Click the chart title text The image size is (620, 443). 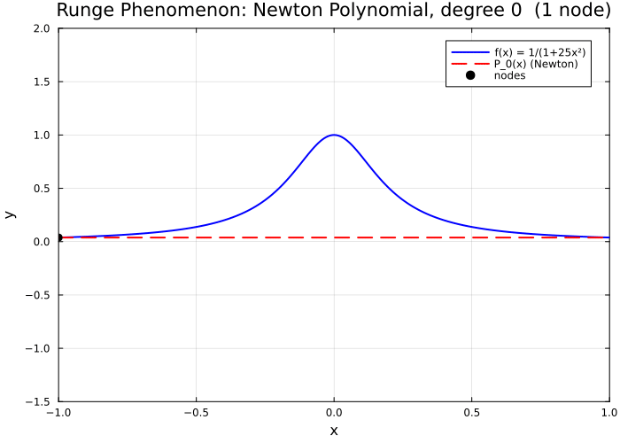click(x=333, y=11)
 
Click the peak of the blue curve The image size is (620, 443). click(x=334, y=135)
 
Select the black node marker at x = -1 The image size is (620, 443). click(x=58, y=237)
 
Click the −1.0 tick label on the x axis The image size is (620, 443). click(x=58, y=413)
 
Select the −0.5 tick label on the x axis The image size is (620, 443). click(x=196, y=413)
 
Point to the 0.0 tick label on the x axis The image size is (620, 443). click(x=334, y=413)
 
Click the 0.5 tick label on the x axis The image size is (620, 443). click(x=471, y=413)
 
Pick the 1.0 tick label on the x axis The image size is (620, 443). click(x=608, y=413)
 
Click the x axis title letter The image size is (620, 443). click(x=334, y=431)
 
